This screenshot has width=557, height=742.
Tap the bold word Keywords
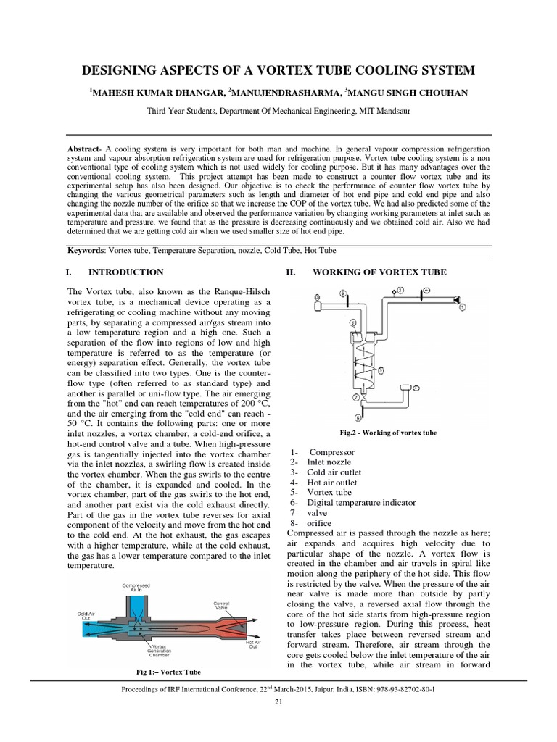[x=86, y=250]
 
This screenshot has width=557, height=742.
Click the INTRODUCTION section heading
[x=125, y=272]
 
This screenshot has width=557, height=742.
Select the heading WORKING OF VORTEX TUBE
[x=379, y=272]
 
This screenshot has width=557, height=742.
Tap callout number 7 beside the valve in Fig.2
[x=355, y=398]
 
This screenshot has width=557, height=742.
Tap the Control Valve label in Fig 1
[x=220, y=606]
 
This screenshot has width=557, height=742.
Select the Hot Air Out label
[x=253, y=644]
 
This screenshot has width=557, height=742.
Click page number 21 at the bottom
[x=278, y=702]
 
